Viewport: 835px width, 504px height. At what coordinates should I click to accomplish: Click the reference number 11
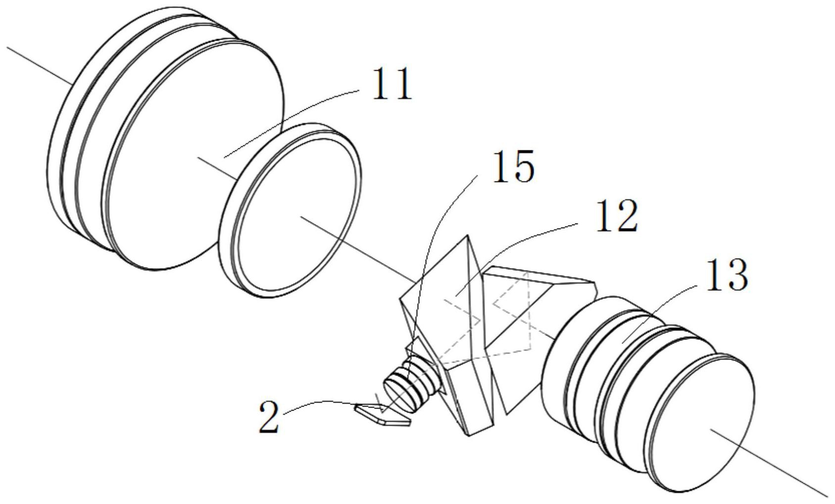(392, 84)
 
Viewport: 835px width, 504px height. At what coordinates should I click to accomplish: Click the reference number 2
(269, 417)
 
